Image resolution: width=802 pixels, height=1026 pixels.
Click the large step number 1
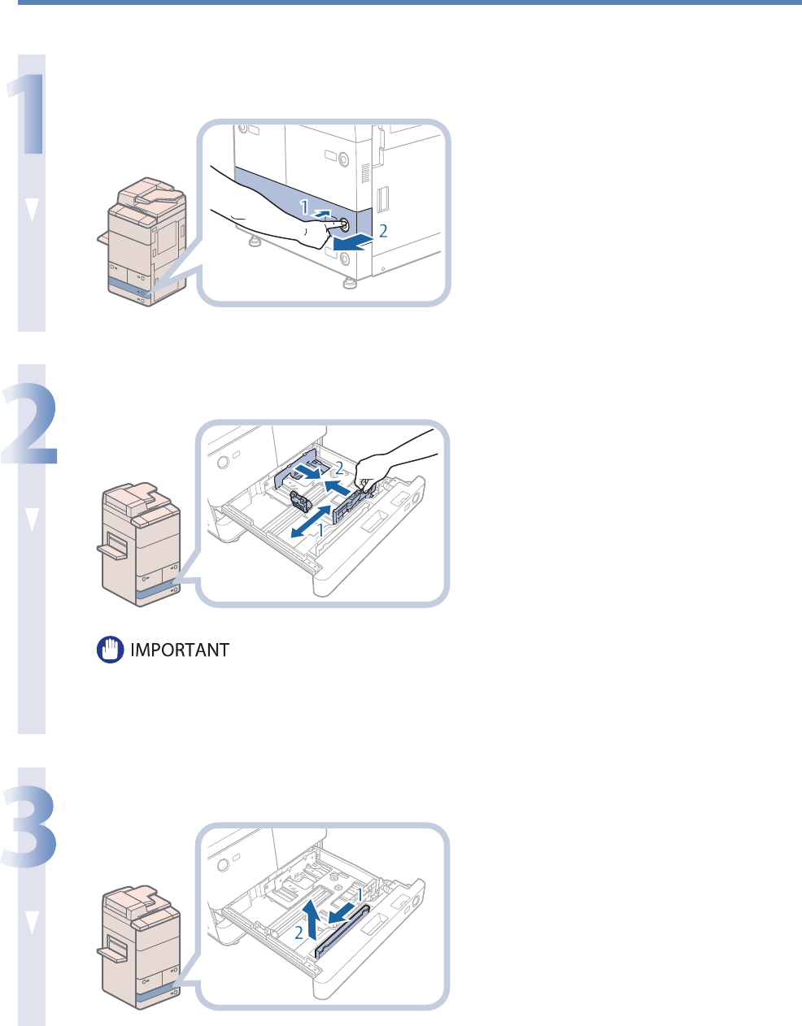(x=26, y=106)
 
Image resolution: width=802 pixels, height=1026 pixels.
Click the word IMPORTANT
(x=180, y=650)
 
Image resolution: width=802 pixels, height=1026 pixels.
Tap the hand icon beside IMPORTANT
(x=109, y=650)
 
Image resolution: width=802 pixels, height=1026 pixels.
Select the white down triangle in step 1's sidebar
(x=33, y=211)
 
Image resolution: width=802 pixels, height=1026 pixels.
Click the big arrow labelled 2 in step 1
(x=355, y=241)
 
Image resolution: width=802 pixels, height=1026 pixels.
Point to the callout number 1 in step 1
(x=304, y=208)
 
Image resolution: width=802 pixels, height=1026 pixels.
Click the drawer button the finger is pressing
(x=343, y=224)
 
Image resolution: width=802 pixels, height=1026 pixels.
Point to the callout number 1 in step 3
(x=359, y=893)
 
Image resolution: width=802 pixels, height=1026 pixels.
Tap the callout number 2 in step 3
(x=299, y=933)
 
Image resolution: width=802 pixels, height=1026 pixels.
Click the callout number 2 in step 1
(x=383, y=231)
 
